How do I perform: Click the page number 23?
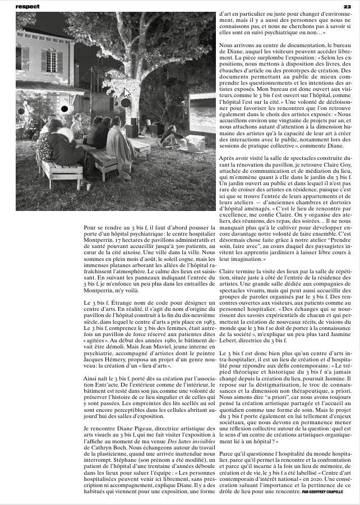point(347,6)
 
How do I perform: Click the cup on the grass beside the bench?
point(87,186)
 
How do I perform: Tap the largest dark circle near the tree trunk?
point(126,103)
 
